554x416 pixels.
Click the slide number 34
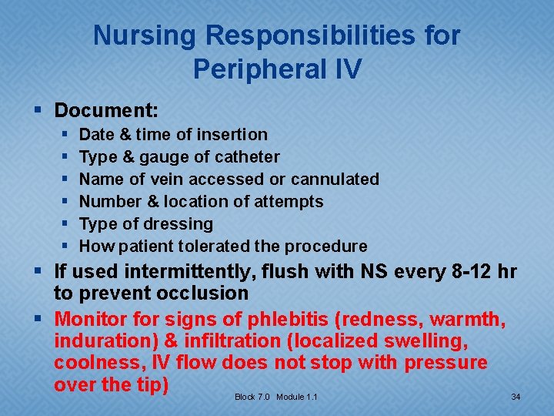point(516,397)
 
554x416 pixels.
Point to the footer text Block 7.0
point(252,397)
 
